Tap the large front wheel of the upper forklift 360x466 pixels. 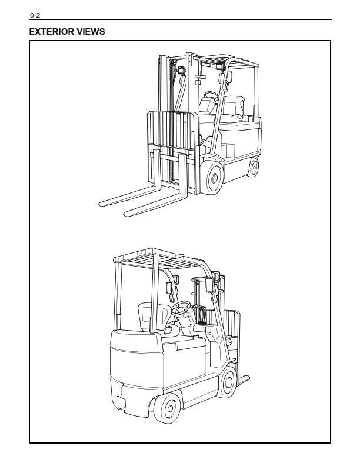(212, 177)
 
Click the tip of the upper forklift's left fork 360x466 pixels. (102, 203)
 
